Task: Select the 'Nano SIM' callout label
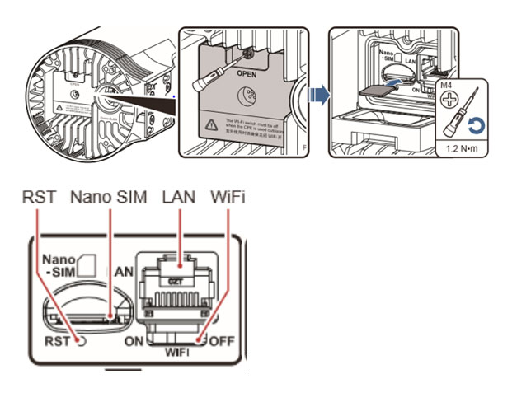(x=109, y=198)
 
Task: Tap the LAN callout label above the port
(x=180, y=198)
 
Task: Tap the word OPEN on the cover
(x=247, y=73)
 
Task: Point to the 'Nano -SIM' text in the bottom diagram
(x=61, y=264)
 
